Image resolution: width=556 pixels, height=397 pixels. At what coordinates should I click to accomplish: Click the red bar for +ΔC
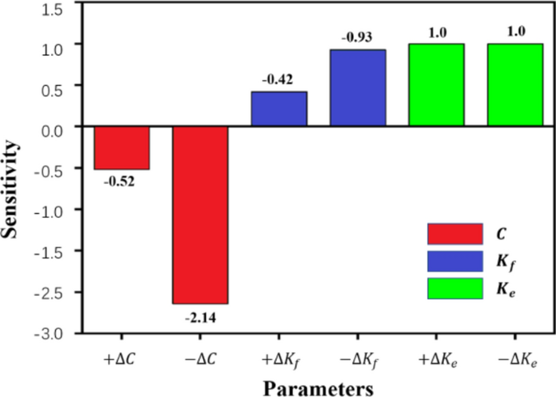(122, 147)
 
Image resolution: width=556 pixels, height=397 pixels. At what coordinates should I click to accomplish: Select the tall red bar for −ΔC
(200, 215)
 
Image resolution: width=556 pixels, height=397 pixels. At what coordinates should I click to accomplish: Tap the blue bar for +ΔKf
(278, 109)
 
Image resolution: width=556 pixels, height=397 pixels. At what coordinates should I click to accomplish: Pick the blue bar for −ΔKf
(357, 88)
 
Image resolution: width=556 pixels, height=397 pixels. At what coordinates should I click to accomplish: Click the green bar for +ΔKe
(436, 85)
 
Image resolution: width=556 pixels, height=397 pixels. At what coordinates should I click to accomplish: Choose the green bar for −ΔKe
(515, 85)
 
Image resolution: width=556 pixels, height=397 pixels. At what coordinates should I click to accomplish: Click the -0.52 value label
(119, 181)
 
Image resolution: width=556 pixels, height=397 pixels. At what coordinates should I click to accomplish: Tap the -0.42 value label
(278, 79)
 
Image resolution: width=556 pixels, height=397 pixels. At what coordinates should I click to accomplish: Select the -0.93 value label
(356, 37)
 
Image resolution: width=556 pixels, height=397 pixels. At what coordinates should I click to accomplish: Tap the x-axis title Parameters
(311, 387)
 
